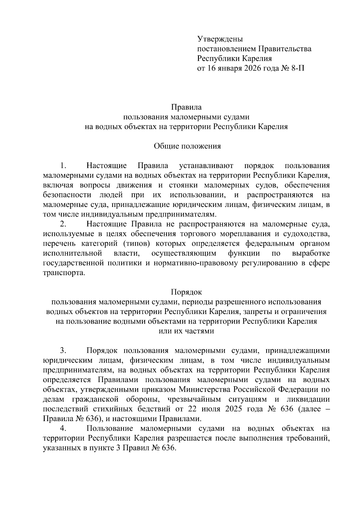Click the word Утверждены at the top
pos(220,39)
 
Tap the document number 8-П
pos(297,68)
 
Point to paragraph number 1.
pos(62,166)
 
